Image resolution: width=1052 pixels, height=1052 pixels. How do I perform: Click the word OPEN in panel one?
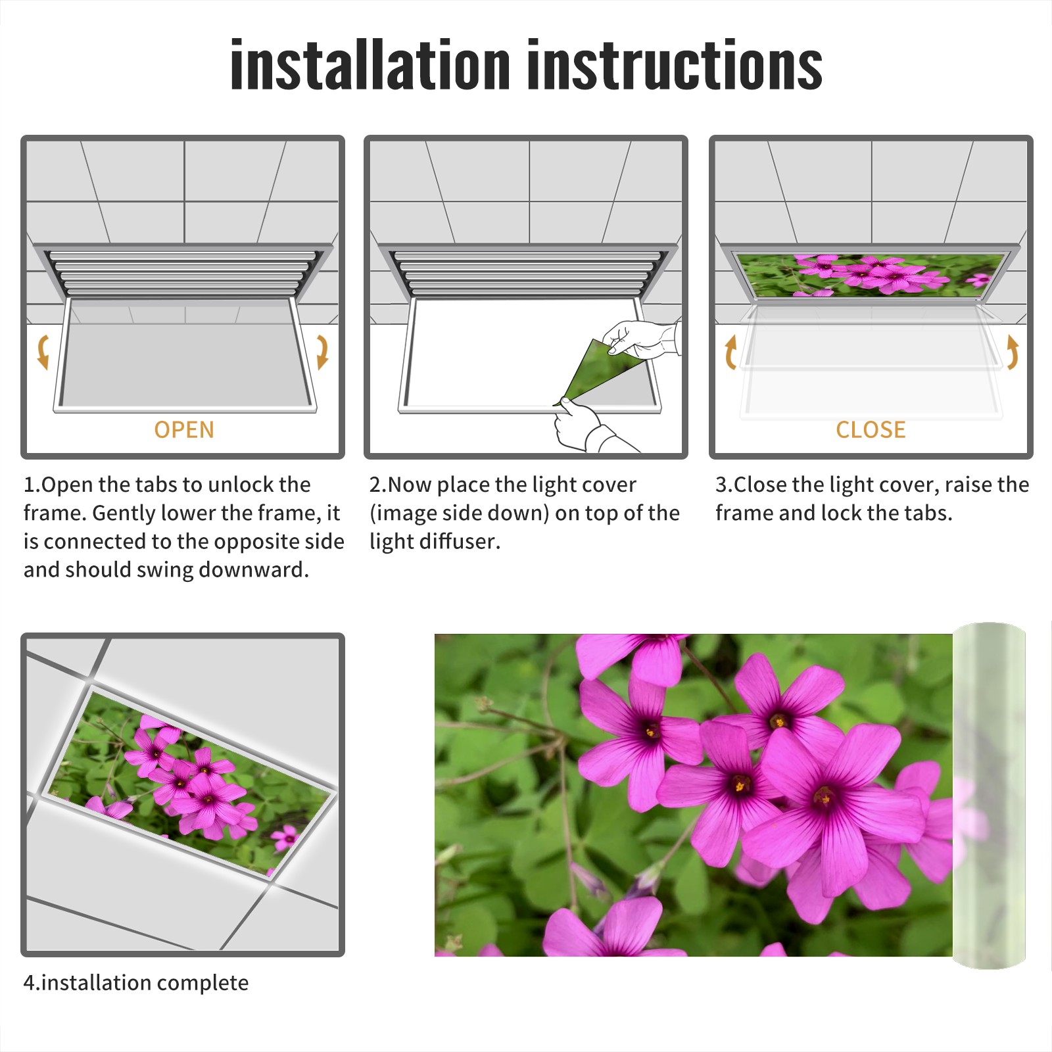(x=184, y=429)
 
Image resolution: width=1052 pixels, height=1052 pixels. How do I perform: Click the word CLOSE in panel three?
(x=871, y=429)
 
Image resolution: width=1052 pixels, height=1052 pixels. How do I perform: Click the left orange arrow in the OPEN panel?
(x=43, y=352)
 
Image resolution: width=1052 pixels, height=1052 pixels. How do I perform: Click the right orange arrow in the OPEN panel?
(x=322, y=352)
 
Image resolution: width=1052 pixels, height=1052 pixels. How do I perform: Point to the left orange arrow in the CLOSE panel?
(x=730, y=352)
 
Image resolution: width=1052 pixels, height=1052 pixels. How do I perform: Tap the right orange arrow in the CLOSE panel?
(x=1013, y=352)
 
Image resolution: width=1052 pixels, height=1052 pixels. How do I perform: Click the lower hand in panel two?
(x=588, y=427)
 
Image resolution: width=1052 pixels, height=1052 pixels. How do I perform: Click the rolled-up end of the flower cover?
(x=989, y=796)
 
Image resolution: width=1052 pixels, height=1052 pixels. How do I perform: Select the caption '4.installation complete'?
(x=136, y=982)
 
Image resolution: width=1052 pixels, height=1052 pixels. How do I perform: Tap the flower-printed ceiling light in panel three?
(x=871, y=274)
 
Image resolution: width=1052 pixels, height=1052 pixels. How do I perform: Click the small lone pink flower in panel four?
(x=285, y=837)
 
